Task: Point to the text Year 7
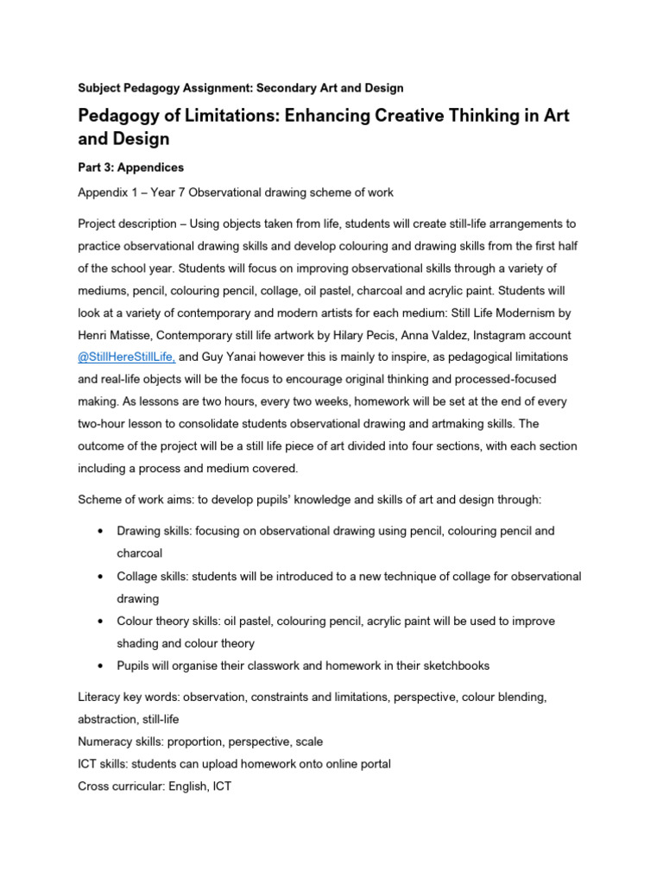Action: tap(174, 192)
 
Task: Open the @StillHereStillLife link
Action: tap(127, 357)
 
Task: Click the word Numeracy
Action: tap(108, 741)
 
